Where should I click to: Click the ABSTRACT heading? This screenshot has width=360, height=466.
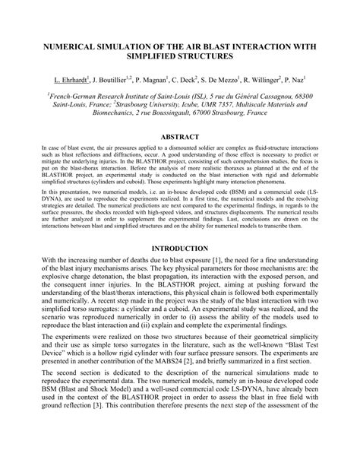pos(179,137)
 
